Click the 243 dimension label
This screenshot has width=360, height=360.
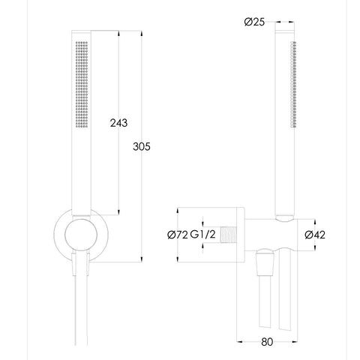[118, 123]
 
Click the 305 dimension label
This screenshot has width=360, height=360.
[142, 146]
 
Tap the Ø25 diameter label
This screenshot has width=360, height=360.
[254, 22]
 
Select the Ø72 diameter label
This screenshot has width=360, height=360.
[178, 235]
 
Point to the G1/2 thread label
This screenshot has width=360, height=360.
[202, 235]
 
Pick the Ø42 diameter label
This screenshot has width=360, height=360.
[315, 235]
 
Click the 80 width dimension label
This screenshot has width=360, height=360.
[267, 342]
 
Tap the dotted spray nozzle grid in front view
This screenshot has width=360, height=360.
[82, 85]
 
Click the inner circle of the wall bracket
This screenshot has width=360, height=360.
[81, 235]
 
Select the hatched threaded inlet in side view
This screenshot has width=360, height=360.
[228, 235]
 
